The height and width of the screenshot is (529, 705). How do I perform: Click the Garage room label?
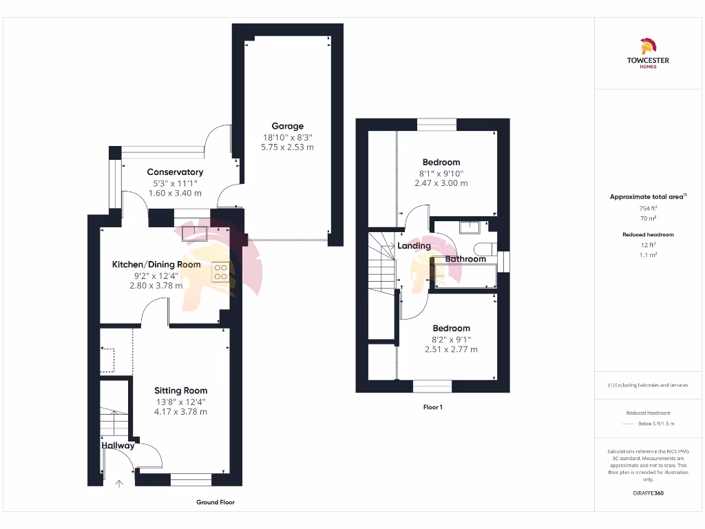coord(287,126)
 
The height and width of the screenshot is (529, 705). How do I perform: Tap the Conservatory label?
coord(175,172)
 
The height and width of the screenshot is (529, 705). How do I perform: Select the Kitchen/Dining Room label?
coord(156,264)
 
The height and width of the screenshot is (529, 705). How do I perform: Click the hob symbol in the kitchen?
coord(220,272)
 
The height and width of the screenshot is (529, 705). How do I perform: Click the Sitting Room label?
coord(180,391)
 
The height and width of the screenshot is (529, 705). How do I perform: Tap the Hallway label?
coord(118,446)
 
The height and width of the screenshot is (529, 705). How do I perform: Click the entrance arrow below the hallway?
coord(119,484)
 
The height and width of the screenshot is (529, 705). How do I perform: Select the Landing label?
coord(414,246)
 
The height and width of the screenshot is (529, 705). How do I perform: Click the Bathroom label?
coord(465,259)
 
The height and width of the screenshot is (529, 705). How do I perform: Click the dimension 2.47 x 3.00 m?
coord(441,183)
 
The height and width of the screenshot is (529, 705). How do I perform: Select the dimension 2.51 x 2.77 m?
coord(451,349)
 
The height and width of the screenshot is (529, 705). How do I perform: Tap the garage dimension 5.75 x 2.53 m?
coord(287,147)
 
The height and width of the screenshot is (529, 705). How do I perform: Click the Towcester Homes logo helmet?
coord(647,47)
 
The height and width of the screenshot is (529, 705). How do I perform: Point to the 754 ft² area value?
coord(647,208)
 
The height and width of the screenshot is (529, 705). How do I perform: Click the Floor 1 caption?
coord(432,407)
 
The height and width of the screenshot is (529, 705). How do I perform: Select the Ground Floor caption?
coord(215,502)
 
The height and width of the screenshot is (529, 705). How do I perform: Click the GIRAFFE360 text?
coord(647,493)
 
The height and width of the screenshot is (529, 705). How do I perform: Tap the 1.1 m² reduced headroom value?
coord(647,255)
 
